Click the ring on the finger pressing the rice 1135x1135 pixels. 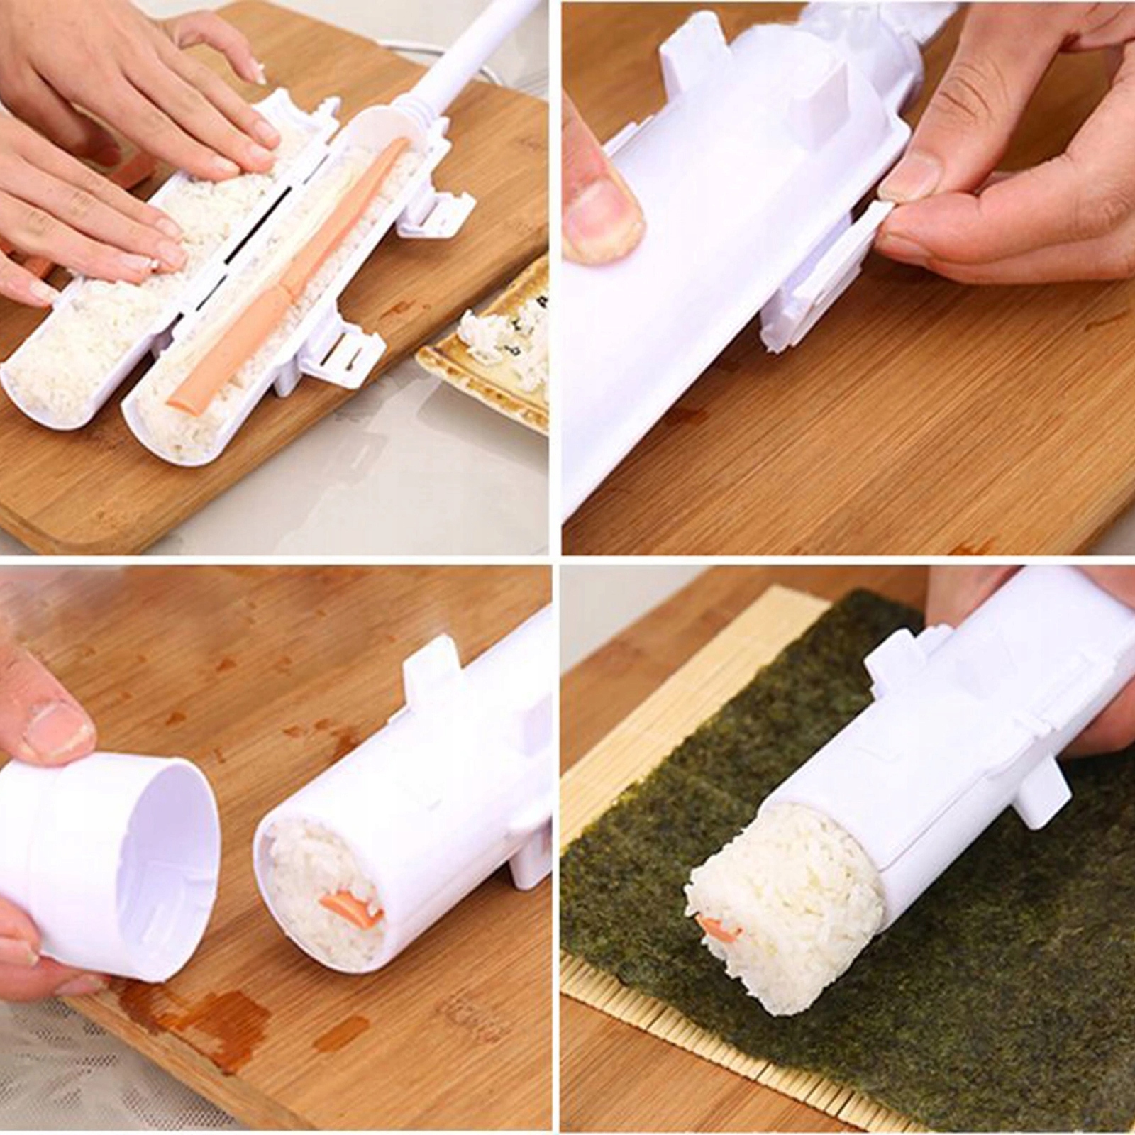point(155,264)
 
